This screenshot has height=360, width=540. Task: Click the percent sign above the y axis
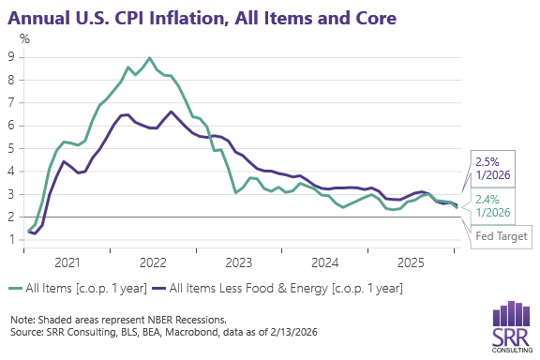(25, 38)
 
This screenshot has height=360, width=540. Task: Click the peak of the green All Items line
(150, 58)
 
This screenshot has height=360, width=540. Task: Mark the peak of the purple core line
(171, 112)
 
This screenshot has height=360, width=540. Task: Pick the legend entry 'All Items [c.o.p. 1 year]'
(77, 290)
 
